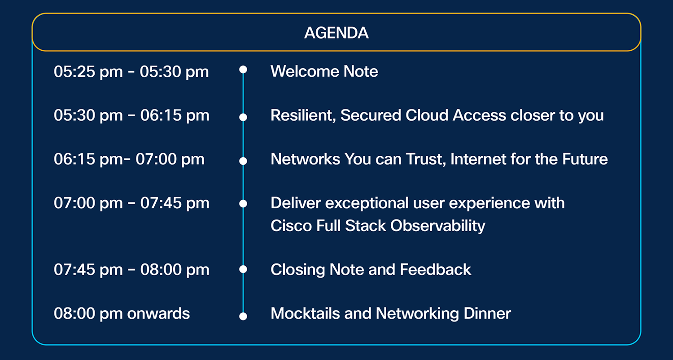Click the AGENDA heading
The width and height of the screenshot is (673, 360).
[336, 33]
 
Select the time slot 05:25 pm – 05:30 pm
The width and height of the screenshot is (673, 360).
[131, 72]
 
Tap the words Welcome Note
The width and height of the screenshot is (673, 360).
[324, 71]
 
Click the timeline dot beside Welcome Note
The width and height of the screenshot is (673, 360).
[243, 70]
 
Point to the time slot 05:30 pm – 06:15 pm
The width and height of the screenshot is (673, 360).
[131, 115]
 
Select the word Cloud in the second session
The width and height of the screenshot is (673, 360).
[427, 115]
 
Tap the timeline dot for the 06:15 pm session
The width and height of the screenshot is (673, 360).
[243, 161]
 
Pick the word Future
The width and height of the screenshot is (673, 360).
[585, 159]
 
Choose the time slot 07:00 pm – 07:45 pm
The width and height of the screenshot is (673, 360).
[131, 203]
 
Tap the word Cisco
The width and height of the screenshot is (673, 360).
[291, 226]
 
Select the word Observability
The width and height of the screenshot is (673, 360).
[438, 226]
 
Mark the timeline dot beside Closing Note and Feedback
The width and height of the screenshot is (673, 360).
[243, 269]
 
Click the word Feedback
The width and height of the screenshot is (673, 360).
[435, 269]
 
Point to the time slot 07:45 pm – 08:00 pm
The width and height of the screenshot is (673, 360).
[131, 269]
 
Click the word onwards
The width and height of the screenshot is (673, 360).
[158, 314]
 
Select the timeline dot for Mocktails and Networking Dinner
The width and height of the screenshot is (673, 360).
[243, 316]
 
